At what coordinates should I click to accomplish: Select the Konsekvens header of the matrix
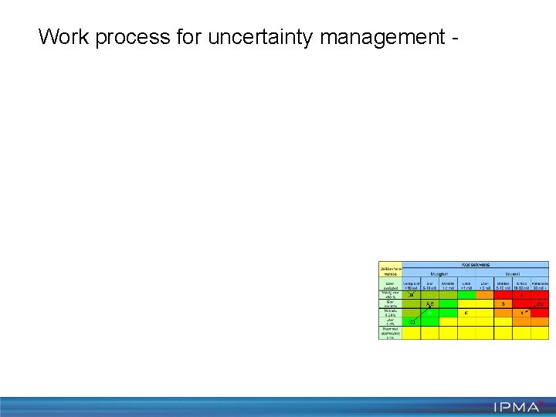click(475, 265)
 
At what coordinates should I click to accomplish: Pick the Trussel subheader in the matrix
click(511, 273)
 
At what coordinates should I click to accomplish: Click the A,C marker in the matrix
click(430, 303)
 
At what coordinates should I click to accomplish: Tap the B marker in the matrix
click(411, 294)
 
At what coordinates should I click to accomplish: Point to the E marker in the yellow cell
click(466, 313)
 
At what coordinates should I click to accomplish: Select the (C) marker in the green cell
click(412, 322)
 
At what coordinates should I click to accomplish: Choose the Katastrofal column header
click(540, 284)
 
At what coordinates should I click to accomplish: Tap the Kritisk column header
click(521, 284)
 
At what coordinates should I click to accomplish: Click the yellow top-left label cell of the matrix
click(390, 270)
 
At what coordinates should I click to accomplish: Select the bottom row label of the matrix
click(390, 333)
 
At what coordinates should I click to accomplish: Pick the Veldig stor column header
click(412, 284)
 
